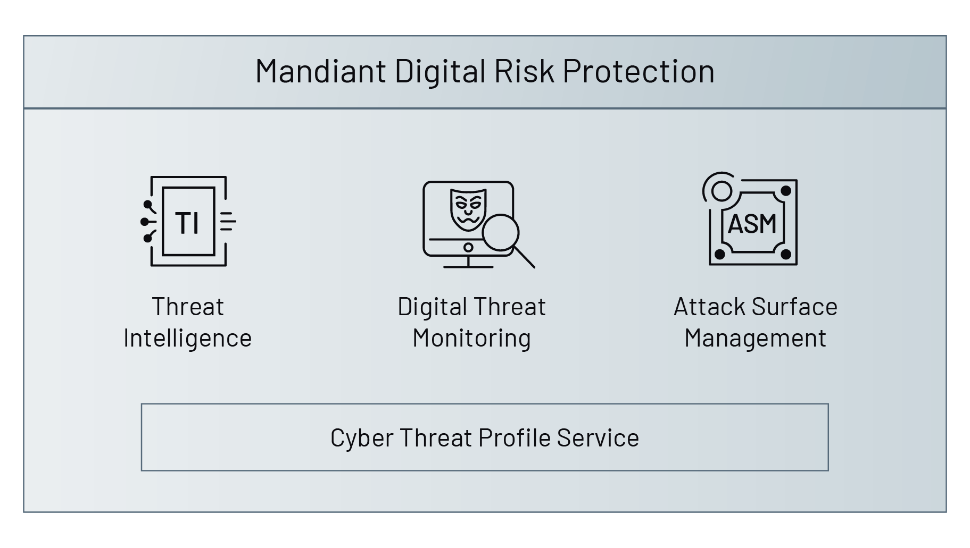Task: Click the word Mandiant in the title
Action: click(x=320, y=71)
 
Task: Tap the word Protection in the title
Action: click(x=638, y=71)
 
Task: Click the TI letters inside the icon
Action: click(x=187, y=223)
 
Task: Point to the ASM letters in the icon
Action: click(x=752, y=224)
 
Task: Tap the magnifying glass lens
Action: click(x=500, y=232)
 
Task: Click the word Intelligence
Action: click(x=187, y=338)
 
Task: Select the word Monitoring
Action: click(x=471, y=338)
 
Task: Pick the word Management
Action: click(x=755, y=338)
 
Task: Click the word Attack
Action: click(x=709, y=307)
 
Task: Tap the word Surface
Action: click(x=795, y=307)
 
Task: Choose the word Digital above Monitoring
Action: click(x=432, y=307)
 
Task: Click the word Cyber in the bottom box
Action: click(x=361, y=439)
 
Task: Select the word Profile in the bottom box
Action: click(x=515, y=438)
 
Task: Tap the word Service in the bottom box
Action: click(x=598, y=438)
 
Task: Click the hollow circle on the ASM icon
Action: click(x=722, y=191)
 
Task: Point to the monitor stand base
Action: click(x=468, y=266)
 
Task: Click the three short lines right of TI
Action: click(x=228, y=222)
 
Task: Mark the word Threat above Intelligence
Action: click(x=188, y=307)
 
